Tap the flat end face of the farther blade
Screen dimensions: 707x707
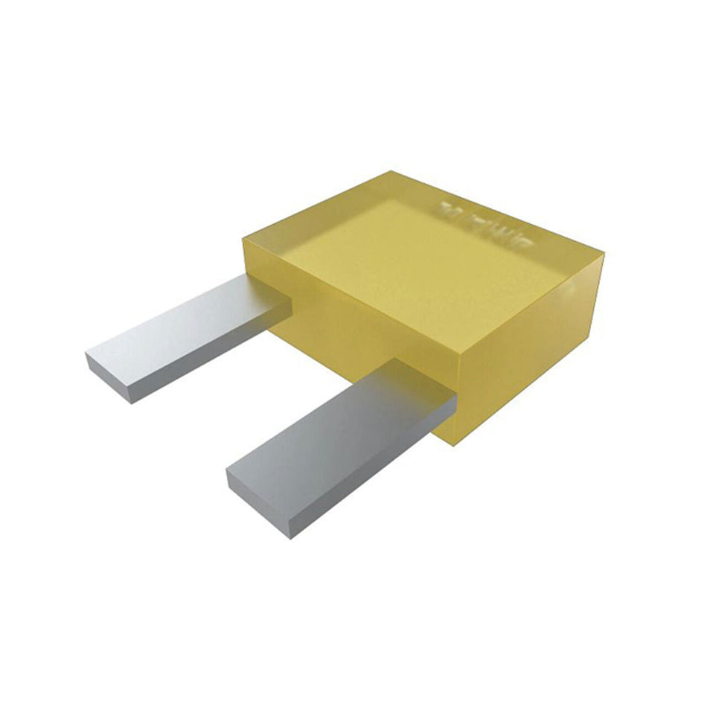point(109,379)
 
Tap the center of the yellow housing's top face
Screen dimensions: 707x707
point(424,253)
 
